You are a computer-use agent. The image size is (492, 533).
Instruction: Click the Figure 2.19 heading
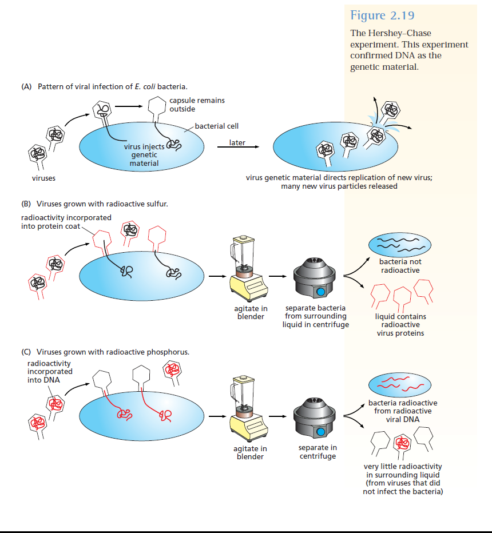[382, 15]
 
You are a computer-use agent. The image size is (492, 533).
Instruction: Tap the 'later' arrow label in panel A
[237, 142]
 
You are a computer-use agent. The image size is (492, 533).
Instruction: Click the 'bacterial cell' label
[216, 126]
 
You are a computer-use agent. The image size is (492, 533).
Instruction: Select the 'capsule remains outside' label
[197, 104]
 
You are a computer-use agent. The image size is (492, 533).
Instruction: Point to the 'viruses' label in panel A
[43, 178]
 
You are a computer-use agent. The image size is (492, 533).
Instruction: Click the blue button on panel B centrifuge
[321, 292]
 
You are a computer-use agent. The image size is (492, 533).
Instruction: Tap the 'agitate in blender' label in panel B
[252, 313]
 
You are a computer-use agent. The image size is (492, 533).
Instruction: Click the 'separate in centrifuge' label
[318, 452]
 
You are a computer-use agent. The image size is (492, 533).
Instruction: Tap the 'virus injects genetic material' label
[144, 155]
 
